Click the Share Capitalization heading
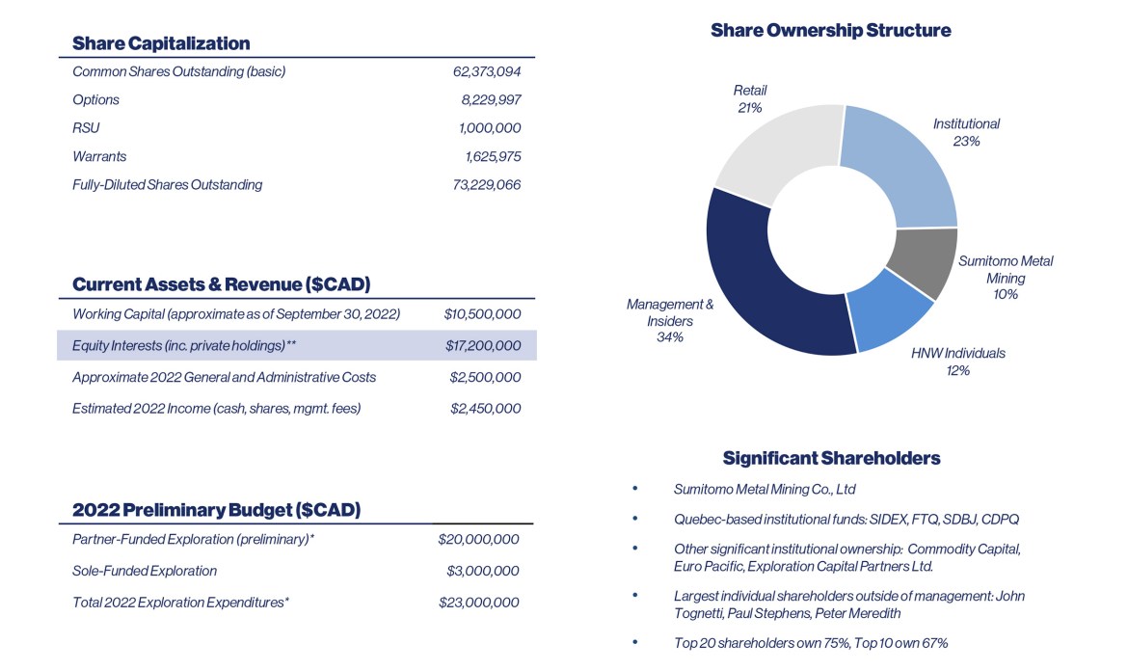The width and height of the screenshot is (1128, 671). click(x=161, y=43)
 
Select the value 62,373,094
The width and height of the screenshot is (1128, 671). click(x=487, y=71)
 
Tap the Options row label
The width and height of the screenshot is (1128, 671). click(x=96, y=99)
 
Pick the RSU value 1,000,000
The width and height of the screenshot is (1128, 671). click(x=490, y=128)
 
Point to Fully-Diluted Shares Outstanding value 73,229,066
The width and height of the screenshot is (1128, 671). click(x=487, y=184)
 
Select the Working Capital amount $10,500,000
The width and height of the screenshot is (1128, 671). click(x=483, y=314)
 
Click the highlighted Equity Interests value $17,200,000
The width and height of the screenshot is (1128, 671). click(x=483, y=345)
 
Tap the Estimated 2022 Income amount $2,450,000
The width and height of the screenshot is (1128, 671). click(x=486, y=409)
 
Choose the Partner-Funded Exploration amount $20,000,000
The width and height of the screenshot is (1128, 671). click(x=479, y=540)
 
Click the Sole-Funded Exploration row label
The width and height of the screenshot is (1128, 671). click(x=145, y=571)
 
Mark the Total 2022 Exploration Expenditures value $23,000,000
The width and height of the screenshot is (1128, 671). click(x=479, y=603)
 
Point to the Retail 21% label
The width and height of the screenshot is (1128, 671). click(x=750, y=99)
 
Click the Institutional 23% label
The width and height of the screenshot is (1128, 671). click(x=966, y=132)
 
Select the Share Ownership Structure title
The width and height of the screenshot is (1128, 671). click(x=830, y=30)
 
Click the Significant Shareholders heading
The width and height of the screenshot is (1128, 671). click(x=831, y=458)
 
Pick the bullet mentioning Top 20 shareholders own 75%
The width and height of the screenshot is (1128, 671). click(x=811, y=643)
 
